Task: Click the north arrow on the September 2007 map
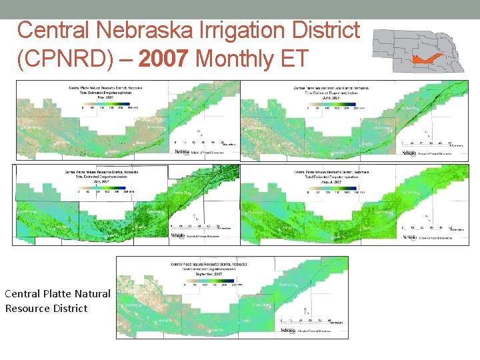click(305, 311)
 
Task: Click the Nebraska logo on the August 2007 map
click(409, 237)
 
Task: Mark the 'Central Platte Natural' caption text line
click(57, 293)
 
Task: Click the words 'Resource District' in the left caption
click(46, 308)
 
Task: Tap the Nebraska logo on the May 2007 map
click(182, 152)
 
